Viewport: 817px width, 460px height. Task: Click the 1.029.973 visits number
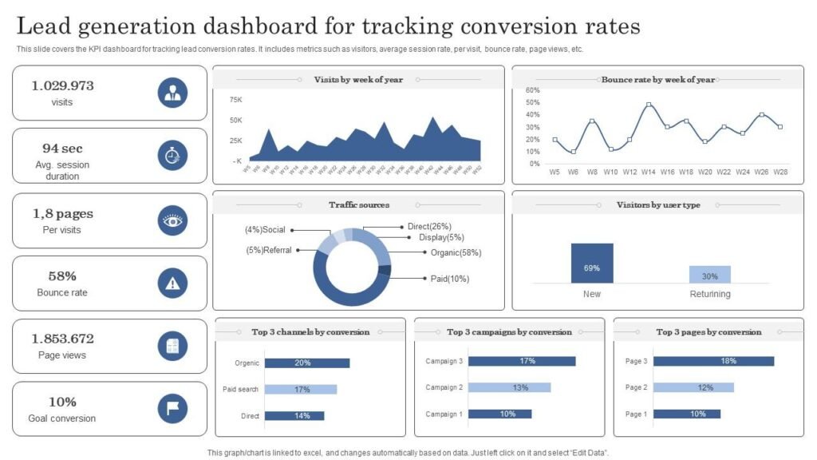[62, 85]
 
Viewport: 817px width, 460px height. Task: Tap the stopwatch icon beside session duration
[172, 156]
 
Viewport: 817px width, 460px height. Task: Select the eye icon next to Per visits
[172, 220]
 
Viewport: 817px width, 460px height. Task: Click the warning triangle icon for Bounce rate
[172, 283]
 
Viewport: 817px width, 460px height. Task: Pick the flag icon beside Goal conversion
[172, 409]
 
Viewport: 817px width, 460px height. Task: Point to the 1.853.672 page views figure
[62, 339]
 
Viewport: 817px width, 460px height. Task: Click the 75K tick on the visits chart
[236, 100]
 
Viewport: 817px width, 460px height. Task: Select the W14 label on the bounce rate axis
[648, 172]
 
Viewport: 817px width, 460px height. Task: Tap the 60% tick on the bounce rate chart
[533, 91]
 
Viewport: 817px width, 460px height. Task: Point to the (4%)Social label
[265, 230]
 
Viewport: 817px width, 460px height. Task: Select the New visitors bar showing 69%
[592, 264]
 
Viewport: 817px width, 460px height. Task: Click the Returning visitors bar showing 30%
[709, 275]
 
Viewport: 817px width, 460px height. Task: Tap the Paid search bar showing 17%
[301, 389]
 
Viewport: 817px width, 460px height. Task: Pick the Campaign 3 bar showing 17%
[522, 361]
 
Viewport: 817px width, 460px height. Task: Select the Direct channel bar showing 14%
[294, 415]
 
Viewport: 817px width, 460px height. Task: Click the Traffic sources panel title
[359, 205]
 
